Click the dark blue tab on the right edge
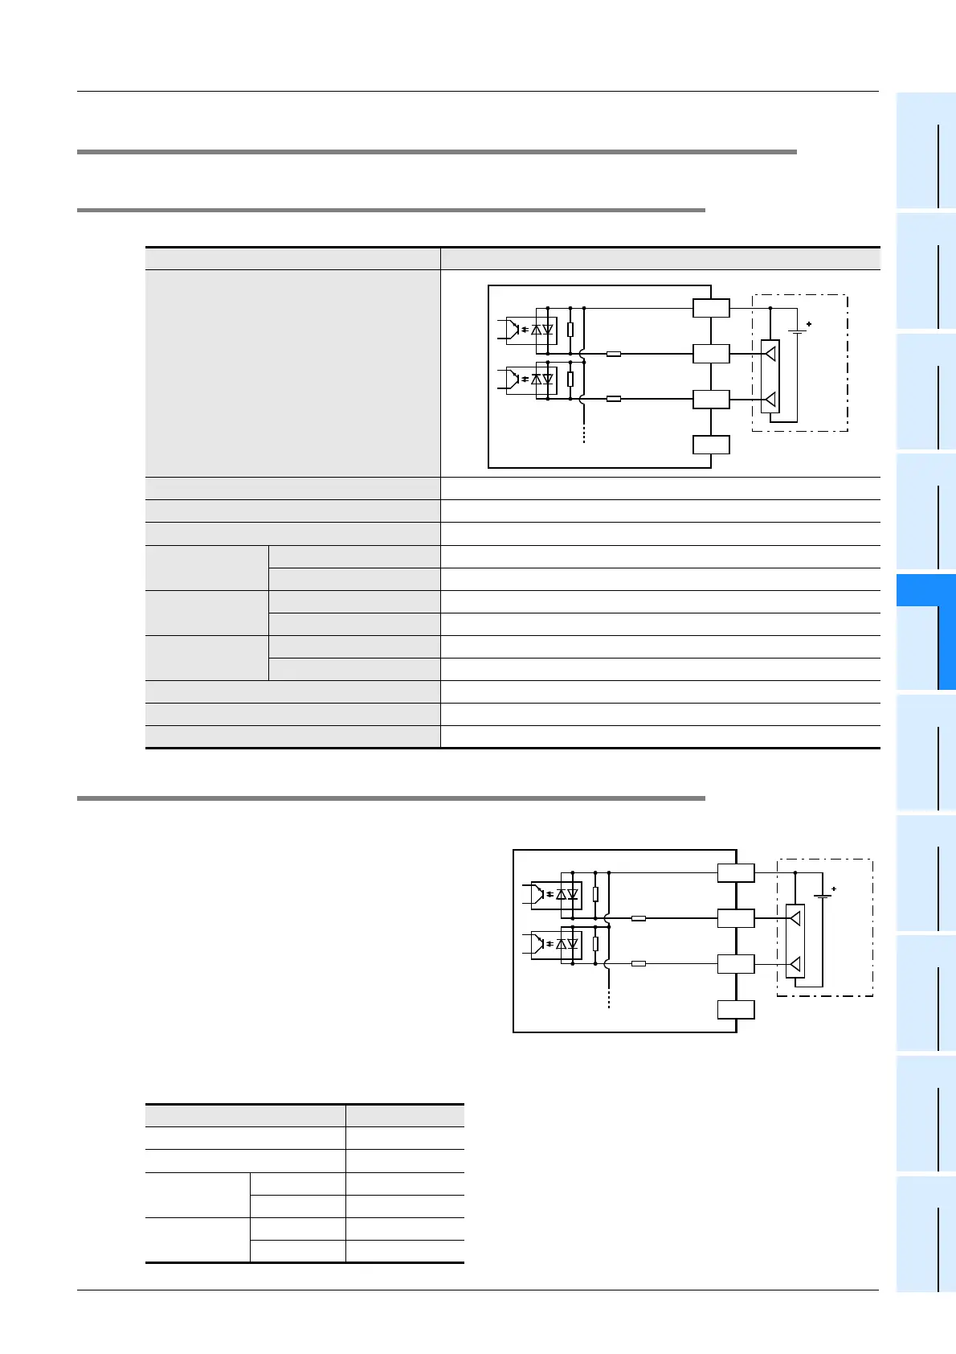tap(925, 632)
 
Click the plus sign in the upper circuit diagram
tap(809, 324)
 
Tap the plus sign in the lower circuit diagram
tap(834, 888)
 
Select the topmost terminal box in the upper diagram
tap(712, 308)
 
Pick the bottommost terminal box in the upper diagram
tap(712, 445)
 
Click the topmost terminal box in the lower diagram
tap(737, 872)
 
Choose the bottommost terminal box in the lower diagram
tap(737, 1009)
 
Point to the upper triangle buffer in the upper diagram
tap(770, 353)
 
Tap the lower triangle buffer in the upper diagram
tap(770, 399)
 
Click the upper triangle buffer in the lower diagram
tap(795, 917)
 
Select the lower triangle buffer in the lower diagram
tap(795, 963)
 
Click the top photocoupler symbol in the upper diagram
tap(530, 330)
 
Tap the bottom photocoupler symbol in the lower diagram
tap(555, 943)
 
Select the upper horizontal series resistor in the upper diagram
tap(614, 353)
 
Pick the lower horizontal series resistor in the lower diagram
tap(639, 963)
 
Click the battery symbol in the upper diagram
tap(797, 331)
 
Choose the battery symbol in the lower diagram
tap(822, 896)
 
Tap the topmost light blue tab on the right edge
tap(925, 151)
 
